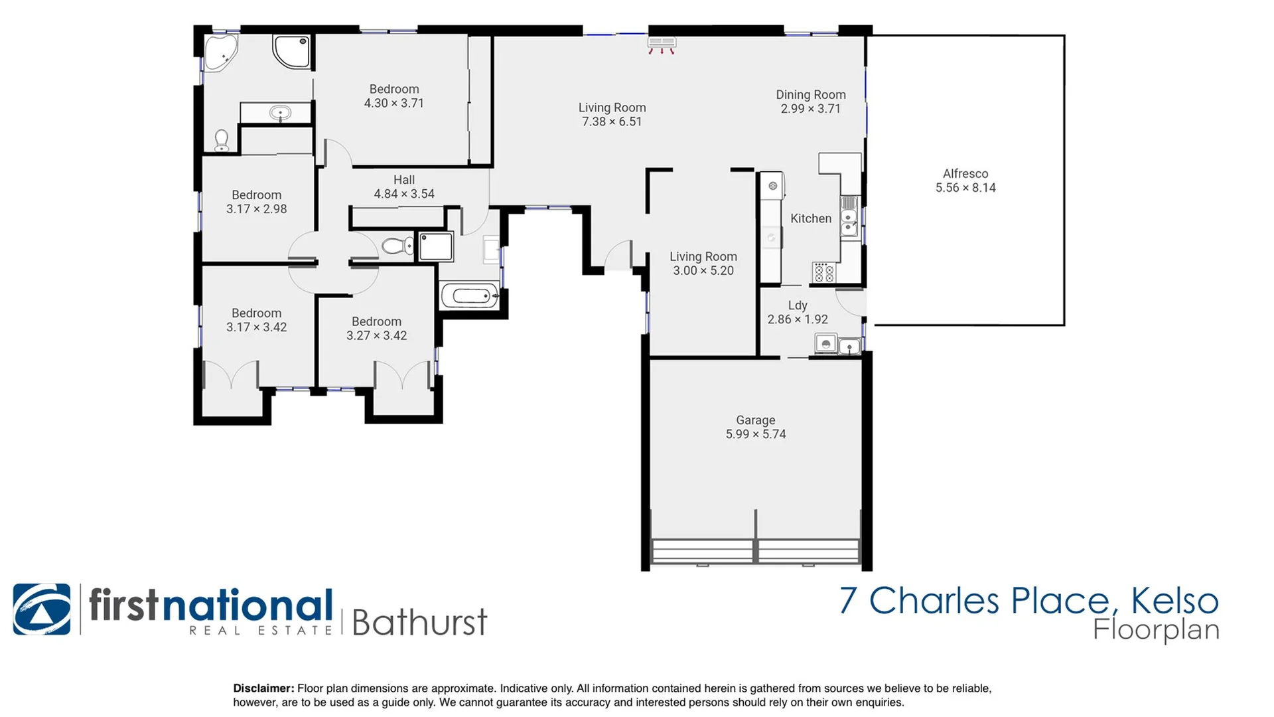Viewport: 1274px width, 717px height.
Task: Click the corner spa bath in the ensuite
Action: (x=220, y=52)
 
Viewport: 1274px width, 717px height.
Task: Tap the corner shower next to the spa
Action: (x=292, y=51)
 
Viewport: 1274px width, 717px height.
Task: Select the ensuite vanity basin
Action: (x=280, y=114)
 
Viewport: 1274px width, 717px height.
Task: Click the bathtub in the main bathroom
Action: (x=470, y=295)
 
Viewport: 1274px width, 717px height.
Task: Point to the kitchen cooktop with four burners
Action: (x=824, y=272)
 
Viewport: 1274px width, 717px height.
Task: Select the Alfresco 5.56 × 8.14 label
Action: (x=965, y=181)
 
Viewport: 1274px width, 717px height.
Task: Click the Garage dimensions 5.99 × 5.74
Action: (x=756, y=434)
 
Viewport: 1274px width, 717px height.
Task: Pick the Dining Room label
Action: (x=811, y=95)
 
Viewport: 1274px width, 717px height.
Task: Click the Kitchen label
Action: (x=811, y=218)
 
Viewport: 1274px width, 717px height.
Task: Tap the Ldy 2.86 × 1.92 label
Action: (x=798, y=312)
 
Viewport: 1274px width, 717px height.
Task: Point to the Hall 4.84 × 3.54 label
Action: (x=403, y=187)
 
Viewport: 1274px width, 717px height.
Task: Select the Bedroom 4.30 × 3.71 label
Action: (x=394, y=96)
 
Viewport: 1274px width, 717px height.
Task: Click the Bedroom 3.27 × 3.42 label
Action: (x=376, y=329)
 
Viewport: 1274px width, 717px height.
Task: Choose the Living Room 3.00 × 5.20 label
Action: (x=703, y=264)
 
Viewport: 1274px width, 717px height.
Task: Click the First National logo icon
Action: (x=42, y=609)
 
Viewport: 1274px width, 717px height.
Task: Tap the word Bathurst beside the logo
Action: (x=419, y=623)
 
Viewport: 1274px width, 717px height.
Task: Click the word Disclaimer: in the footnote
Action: (x=263, y=688)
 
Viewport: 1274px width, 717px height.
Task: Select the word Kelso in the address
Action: (x=1174, y=601)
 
